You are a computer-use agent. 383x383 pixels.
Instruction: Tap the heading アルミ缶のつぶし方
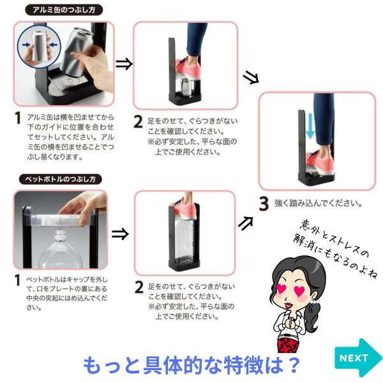click(x=64, y=10)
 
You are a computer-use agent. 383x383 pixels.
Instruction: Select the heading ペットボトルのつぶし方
click(x=61, y=179)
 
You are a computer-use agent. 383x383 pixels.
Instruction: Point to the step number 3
click(x=264, y=204)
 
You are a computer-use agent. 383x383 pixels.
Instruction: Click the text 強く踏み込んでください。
click(x=319, y=203)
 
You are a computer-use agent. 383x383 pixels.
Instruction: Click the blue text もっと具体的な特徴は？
click(x=191, y=365)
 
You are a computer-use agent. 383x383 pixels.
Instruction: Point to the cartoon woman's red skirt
click(x=289, y=345)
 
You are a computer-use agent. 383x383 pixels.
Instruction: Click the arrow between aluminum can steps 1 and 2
click(x=124, y=64)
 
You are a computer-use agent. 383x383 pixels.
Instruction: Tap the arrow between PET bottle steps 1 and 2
click(x=120, y=234)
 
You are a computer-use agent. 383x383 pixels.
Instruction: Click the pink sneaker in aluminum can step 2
click(x=188, y=67)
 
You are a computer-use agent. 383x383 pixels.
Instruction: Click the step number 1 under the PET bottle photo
click(x=17, y=280)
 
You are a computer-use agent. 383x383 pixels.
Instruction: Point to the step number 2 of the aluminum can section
click(x=139, y=122)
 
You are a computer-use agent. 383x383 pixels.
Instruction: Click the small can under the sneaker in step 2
click(x=186, y=87)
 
